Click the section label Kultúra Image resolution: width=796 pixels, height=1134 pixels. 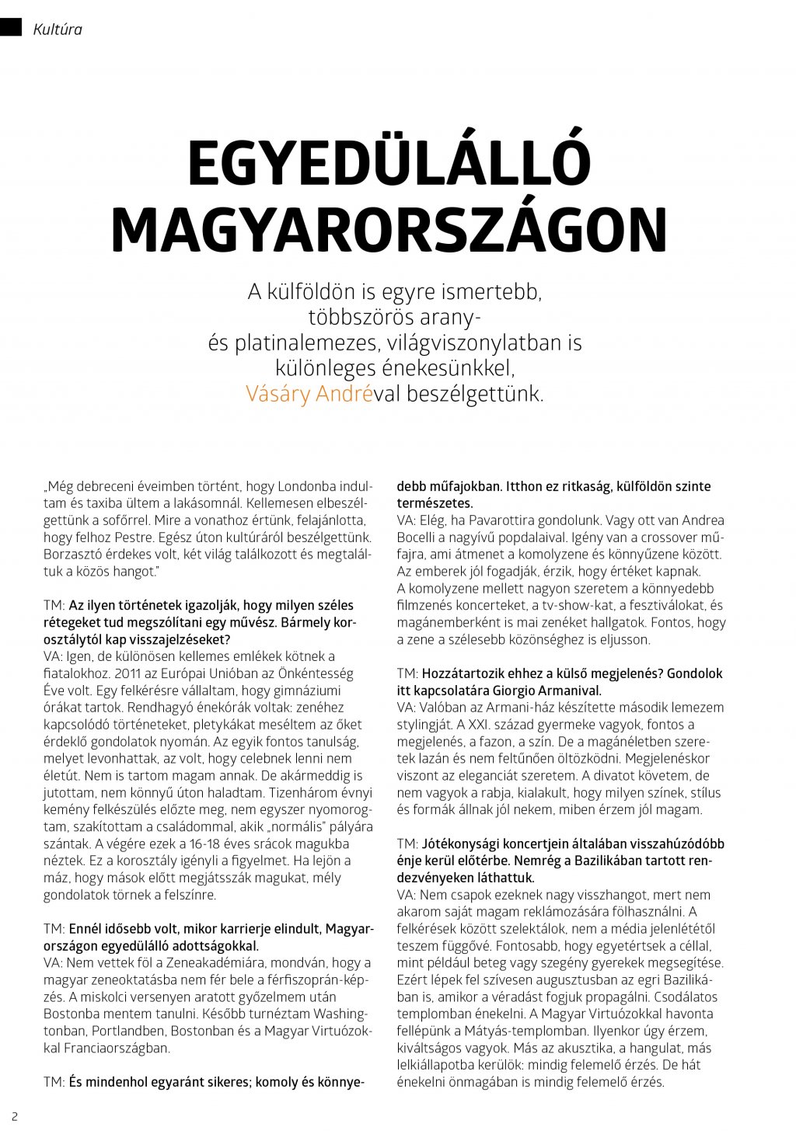coord(58,30)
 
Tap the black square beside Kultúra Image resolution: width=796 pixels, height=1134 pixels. coord(11,28)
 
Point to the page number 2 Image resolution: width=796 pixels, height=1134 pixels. coord(14,1117)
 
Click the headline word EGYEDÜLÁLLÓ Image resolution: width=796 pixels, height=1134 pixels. coord(389,163)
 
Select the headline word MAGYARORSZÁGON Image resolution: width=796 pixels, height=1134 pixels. coord(389,229)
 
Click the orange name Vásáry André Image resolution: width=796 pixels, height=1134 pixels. coord(309,394)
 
